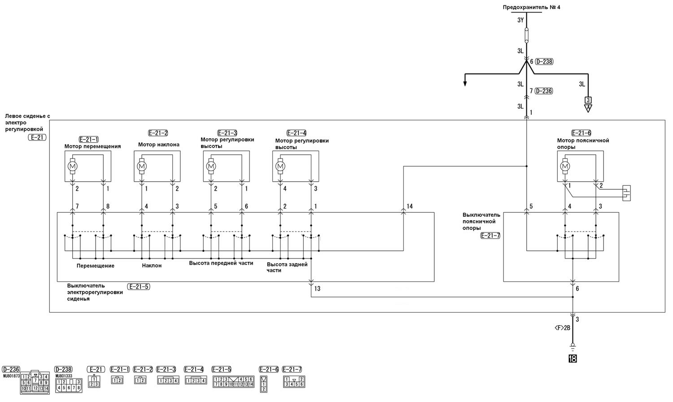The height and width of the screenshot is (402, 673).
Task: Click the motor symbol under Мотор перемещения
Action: [72, 166]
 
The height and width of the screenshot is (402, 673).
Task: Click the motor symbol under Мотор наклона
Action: [142, 166]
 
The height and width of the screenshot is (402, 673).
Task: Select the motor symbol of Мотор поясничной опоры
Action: [565, 166]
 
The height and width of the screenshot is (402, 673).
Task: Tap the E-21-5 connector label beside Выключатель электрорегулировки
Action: [139, 287]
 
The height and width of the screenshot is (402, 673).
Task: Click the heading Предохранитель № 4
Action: [532, 7]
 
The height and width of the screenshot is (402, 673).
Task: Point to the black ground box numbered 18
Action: [572, 358]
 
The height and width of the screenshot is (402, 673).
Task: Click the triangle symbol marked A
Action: [588, 108]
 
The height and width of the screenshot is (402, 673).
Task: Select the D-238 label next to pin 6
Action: [544, 61]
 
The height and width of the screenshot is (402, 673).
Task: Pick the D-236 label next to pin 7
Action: [544, 91]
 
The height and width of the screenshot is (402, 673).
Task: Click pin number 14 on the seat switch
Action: [410, 206]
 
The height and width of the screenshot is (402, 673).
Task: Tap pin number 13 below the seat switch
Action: [317, 289]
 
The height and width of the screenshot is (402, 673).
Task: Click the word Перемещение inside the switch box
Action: [96, 266]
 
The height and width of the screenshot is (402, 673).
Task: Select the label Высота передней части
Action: [221, 263]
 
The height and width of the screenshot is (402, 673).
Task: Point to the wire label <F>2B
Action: [562, 328]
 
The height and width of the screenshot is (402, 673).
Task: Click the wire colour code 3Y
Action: [520, 20]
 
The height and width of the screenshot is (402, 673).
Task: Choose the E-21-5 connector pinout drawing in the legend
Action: [233, 381]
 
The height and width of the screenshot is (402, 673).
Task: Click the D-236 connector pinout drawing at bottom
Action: [35, 382]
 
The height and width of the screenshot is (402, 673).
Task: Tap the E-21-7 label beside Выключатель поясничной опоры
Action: [490, 236]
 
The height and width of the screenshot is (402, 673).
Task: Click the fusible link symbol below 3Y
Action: [526, 35]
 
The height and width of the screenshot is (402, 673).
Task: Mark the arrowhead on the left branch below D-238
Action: [465, 83]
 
